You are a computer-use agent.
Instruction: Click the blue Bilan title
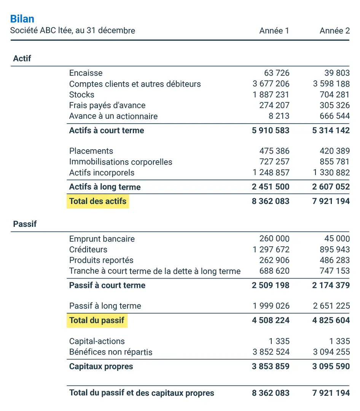point(22,19)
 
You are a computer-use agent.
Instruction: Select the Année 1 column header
point(274,31)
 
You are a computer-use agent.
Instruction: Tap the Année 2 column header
point(335,31)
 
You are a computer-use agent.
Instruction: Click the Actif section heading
point(22,59)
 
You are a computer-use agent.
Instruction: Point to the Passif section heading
point(25,224)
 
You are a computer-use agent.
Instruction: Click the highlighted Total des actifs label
point(98,201)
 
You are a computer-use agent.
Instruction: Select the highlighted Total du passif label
point(97,320)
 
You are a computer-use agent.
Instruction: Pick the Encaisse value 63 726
point(277,73)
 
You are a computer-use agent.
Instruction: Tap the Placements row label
point(91,151)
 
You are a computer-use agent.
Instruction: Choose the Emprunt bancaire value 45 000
point(337,239)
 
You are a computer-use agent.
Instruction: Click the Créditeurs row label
point(88,250)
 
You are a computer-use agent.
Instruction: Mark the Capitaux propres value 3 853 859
point(271,366)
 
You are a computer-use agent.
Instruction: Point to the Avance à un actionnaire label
point(113,116)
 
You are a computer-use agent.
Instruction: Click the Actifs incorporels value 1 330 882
point(331,173)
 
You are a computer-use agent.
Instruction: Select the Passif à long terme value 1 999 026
point(271,306)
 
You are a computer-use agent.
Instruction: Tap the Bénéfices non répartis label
point(111,352)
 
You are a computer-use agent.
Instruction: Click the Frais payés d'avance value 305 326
point(335,105)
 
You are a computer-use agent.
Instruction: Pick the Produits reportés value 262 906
point(274,260)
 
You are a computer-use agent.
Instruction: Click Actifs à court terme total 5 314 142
point(331,131)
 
